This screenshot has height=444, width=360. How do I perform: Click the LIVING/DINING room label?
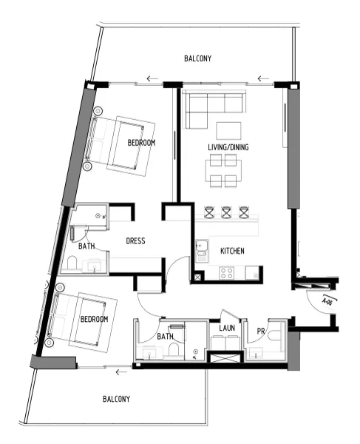click(228, 147)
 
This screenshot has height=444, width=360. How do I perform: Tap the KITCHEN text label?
click(232, 252)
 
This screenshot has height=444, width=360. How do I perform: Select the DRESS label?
click(135, 240)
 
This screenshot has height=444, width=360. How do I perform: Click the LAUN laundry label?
click(226, 328)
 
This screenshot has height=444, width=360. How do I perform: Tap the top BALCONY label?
click(198, 58)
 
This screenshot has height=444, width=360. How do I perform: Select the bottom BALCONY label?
click(118, 399)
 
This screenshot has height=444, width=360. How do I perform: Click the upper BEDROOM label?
click(141, 142)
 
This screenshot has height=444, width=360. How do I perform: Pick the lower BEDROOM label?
click(95, 319)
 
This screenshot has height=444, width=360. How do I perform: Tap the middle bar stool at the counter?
click(228, 212)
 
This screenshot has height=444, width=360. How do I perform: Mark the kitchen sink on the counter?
click(201, 246)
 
